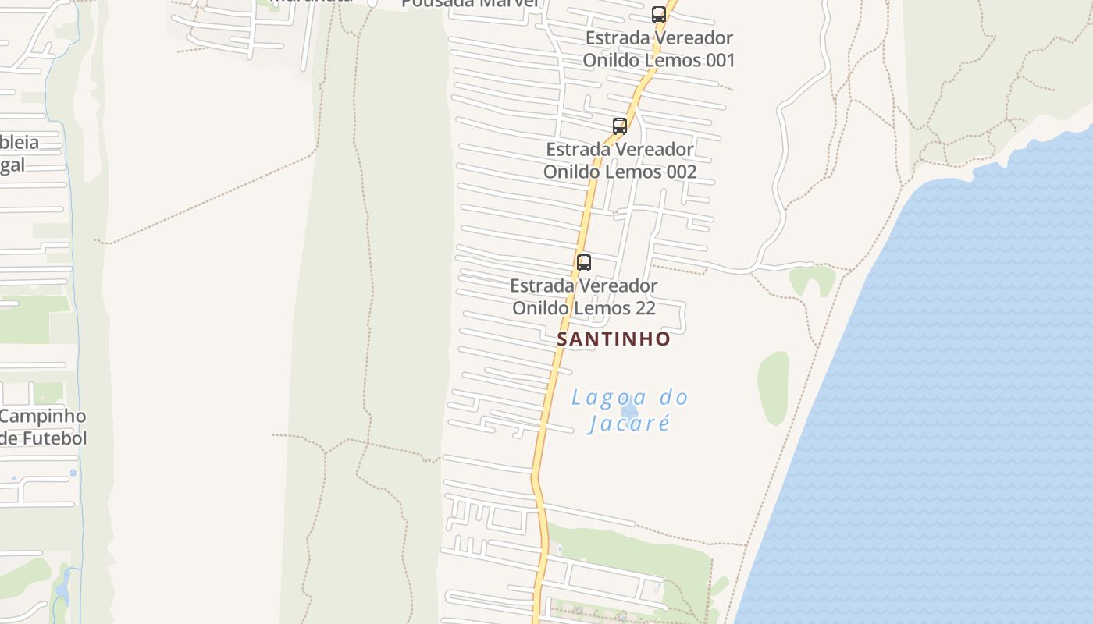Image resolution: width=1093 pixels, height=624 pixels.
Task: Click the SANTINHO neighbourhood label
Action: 613,339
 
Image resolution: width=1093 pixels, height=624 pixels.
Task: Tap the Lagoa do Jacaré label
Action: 629,410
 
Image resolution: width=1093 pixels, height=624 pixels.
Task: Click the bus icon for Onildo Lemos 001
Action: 658,15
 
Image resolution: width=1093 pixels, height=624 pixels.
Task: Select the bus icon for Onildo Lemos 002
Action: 619,126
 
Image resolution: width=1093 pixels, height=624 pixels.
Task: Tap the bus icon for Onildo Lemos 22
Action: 583,262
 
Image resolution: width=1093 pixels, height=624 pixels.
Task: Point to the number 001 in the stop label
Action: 720,60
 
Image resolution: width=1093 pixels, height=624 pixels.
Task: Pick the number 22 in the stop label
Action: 645,308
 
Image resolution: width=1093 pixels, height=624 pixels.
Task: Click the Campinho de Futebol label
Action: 43,427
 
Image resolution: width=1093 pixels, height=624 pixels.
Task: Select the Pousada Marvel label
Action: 470,2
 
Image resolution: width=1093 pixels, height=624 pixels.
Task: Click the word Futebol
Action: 54,438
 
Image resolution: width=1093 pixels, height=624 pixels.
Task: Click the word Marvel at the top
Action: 504,2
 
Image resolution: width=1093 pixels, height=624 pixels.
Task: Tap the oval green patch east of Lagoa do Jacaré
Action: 773,388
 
